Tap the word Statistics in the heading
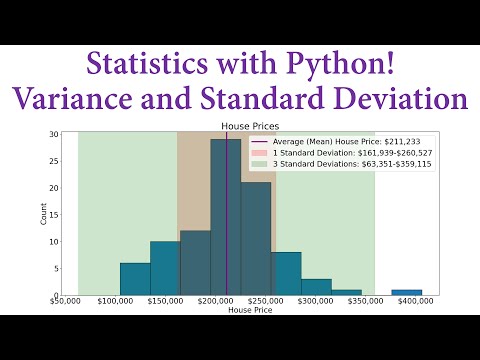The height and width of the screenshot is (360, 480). (x=146, y=65)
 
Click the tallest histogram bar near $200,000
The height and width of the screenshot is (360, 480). (x=226, y=220)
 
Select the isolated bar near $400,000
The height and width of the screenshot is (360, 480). (x=406, y=292)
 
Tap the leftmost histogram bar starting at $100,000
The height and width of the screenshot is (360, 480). (x=135, y=279)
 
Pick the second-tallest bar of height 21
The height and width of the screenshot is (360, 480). (x=256, y=240)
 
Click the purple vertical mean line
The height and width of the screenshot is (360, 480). (x=226, y=180)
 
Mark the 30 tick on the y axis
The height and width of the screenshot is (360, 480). (x=53, y=134)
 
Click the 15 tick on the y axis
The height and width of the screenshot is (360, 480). (x=53, y=215)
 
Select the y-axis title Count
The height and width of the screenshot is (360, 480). (x=43, y=214)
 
